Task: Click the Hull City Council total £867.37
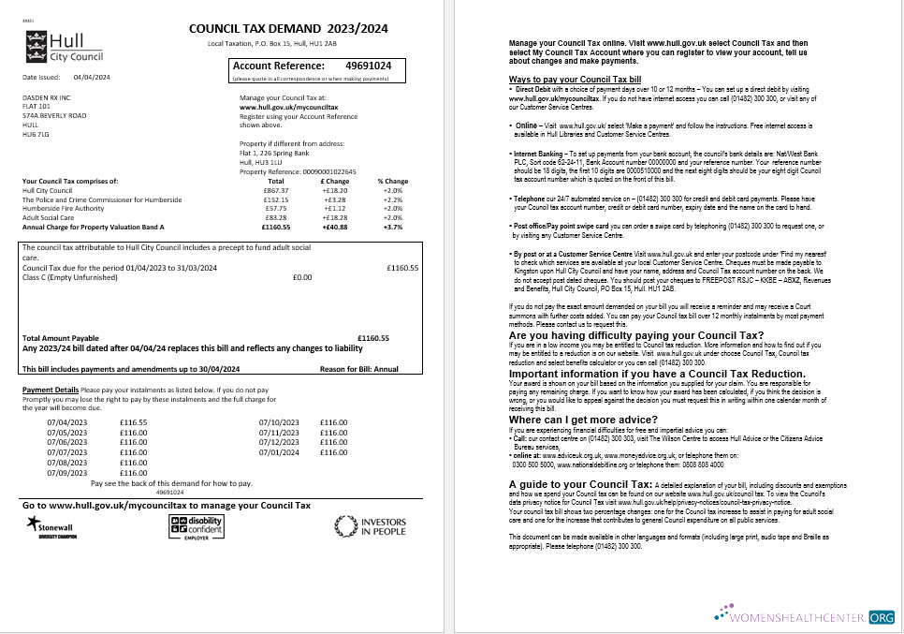(x=276, y=190)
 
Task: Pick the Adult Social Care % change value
(x=393, y=217)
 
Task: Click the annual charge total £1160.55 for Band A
(x=276, y=227)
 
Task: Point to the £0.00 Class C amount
(x=302, y=277)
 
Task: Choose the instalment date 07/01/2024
(x=278, y=452)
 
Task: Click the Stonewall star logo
(x=36, y=522)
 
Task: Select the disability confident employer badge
(x=196, y=526)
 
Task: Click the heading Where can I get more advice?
(x=583, y=420)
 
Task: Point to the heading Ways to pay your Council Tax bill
(x=575, y=80)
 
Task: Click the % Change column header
(x=393, y=181)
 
